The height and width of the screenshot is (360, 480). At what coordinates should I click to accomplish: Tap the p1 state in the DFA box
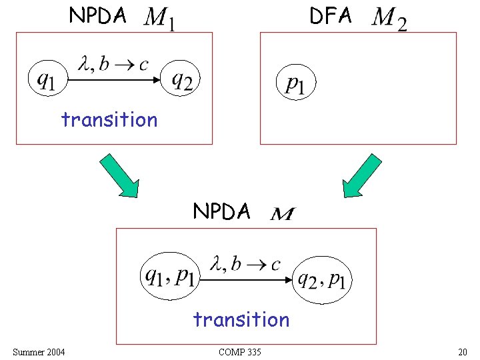(x=295, y=83)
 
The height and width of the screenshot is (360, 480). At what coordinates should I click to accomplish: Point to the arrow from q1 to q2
(x=114, y=81)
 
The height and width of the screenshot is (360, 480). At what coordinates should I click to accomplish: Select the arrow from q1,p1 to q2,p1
(x=246, y=280)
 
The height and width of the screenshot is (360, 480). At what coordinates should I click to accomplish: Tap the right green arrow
(x=363, y=175)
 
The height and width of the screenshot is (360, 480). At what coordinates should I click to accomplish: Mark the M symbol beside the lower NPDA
(x=283, y=214)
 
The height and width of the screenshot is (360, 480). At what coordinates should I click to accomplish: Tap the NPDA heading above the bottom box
(x=222, y=211)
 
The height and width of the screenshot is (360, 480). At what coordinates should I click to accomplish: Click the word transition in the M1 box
(x=109, y=120)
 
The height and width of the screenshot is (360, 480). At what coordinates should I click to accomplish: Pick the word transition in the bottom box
(x=241, y=320)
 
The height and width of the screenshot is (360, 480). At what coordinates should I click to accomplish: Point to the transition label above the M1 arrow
(x=114, y=64)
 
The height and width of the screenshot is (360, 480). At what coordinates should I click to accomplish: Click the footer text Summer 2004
(x=39, y=351)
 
